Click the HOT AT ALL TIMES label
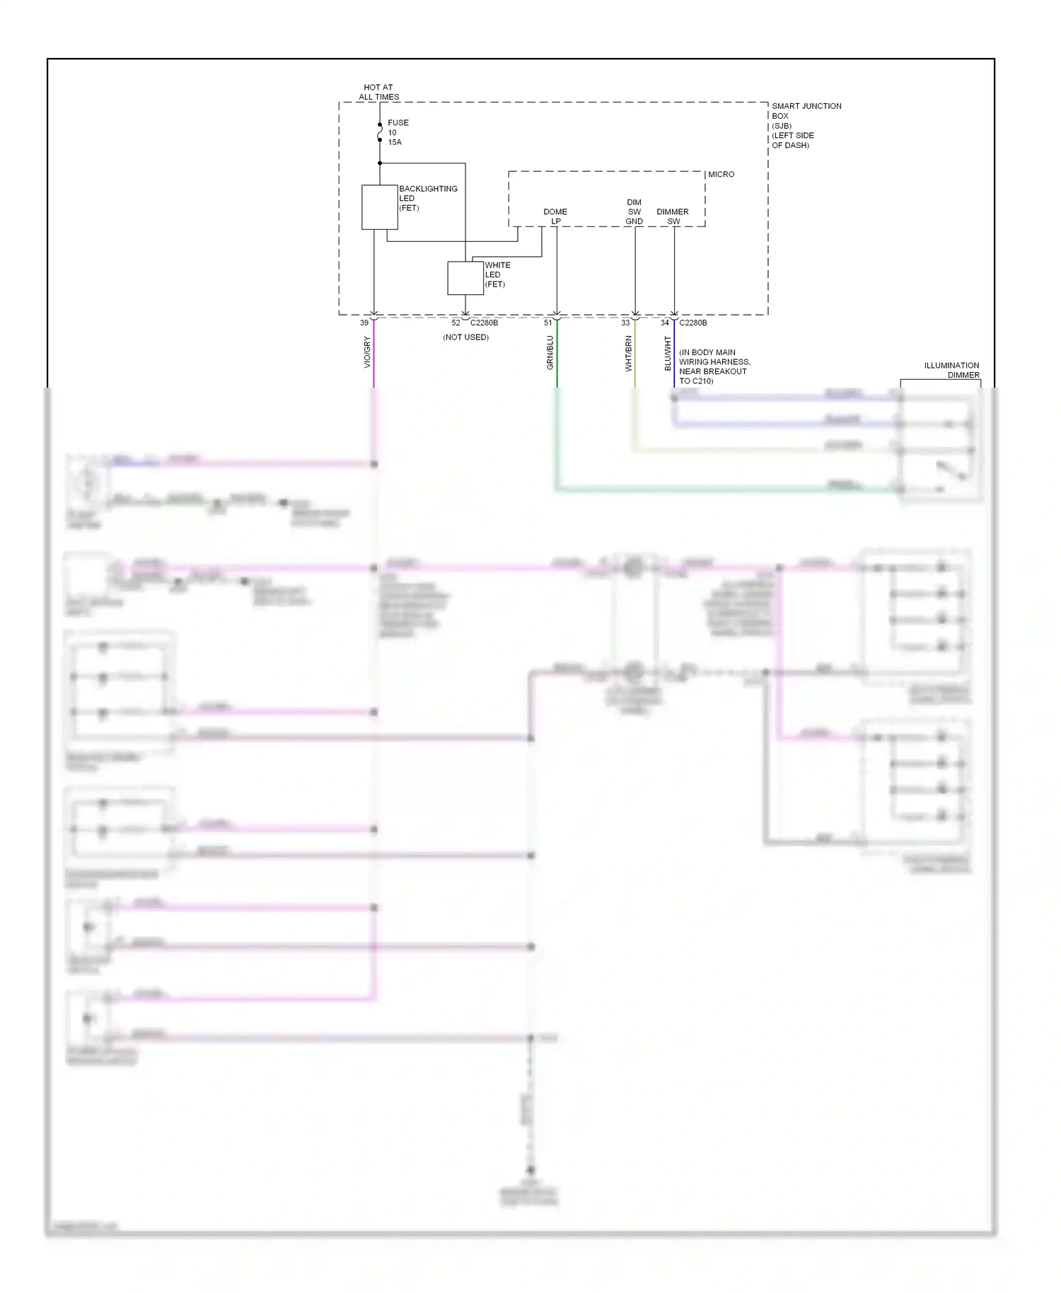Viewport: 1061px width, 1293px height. [378, 92]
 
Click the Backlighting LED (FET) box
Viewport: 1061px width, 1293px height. [379, 207]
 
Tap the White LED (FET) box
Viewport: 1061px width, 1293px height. [465, 278]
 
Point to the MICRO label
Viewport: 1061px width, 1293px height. [721, 174]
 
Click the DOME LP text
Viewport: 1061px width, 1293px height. [555, 216]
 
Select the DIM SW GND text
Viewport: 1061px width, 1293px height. [634, 211]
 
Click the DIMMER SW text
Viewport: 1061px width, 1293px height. [672, 216]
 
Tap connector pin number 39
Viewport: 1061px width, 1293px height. [364, 323]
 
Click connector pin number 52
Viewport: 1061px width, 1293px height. [456, 323]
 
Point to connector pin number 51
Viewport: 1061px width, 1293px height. [547, 323]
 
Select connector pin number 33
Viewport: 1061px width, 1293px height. [625, 323]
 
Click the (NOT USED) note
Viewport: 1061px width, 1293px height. [465, 337]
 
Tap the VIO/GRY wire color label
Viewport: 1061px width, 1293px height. [367, 352]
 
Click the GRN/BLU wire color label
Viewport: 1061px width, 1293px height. [550, 352]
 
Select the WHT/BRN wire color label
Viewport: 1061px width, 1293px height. [628, 354]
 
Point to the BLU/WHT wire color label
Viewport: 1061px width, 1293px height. [668, 354]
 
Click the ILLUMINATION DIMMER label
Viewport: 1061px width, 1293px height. [951, 370]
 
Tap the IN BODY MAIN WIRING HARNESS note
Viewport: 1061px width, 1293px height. [714, 366]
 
